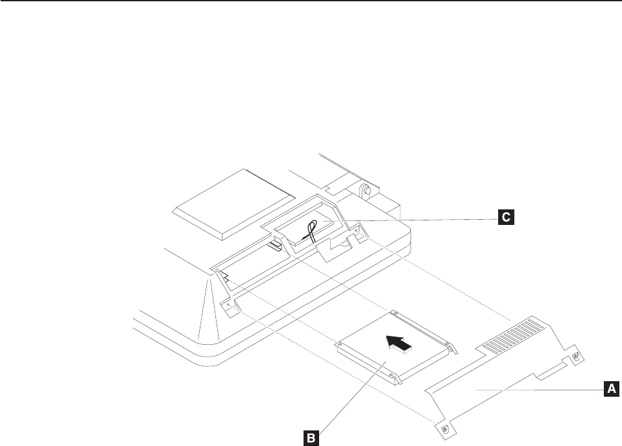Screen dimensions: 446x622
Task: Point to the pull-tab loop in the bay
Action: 311,229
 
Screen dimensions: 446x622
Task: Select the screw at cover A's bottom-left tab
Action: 444,429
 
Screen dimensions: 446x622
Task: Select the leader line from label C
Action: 422,218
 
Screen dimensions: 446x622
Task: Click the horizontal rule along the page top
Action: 311,1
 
